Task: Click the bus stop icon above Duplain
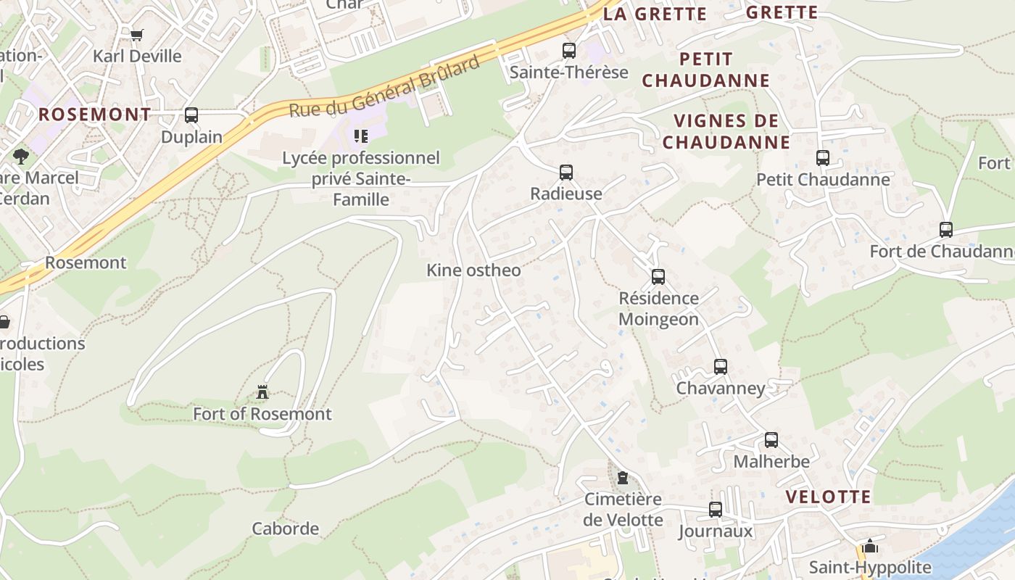(x=191, y=115)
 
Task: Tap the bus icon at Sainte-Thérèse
(x=569, y=51)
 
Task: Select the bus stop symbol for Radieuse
(x=566, y=173)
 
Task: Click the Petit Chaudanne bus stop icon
(x=823, y=158)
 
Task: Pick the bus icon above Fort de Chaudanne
(x=946, y=230)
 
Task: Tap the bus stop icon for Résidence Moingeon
(x=658, y=277)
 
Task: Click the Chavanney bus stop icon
(x=721, y=367)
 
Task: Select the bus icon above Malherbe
(x=771, y=440)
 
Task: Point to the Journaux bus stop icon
(x=716, y=510)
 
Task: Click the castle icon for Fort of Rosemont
(x=262, y=393)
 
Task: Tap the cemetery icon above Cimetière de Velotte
(x=623, y=478)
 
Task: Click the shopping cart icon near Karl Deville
(x=137, y=35)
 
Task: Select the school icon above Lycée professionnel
(x=361, y=136)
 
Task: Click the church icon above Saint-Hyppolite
(x=870, y=546)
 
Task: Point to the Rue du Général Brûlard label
(x=384, y=87)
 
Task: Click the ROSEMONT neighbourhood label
(x=94, y=115)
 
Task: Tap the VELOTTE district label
(x=829, y=497)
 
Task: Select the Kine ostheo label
(x=473, y=270)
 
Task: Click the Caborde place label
(x=285, y=529)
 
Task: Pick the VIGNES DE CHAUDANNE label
(x=726, y=131)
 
